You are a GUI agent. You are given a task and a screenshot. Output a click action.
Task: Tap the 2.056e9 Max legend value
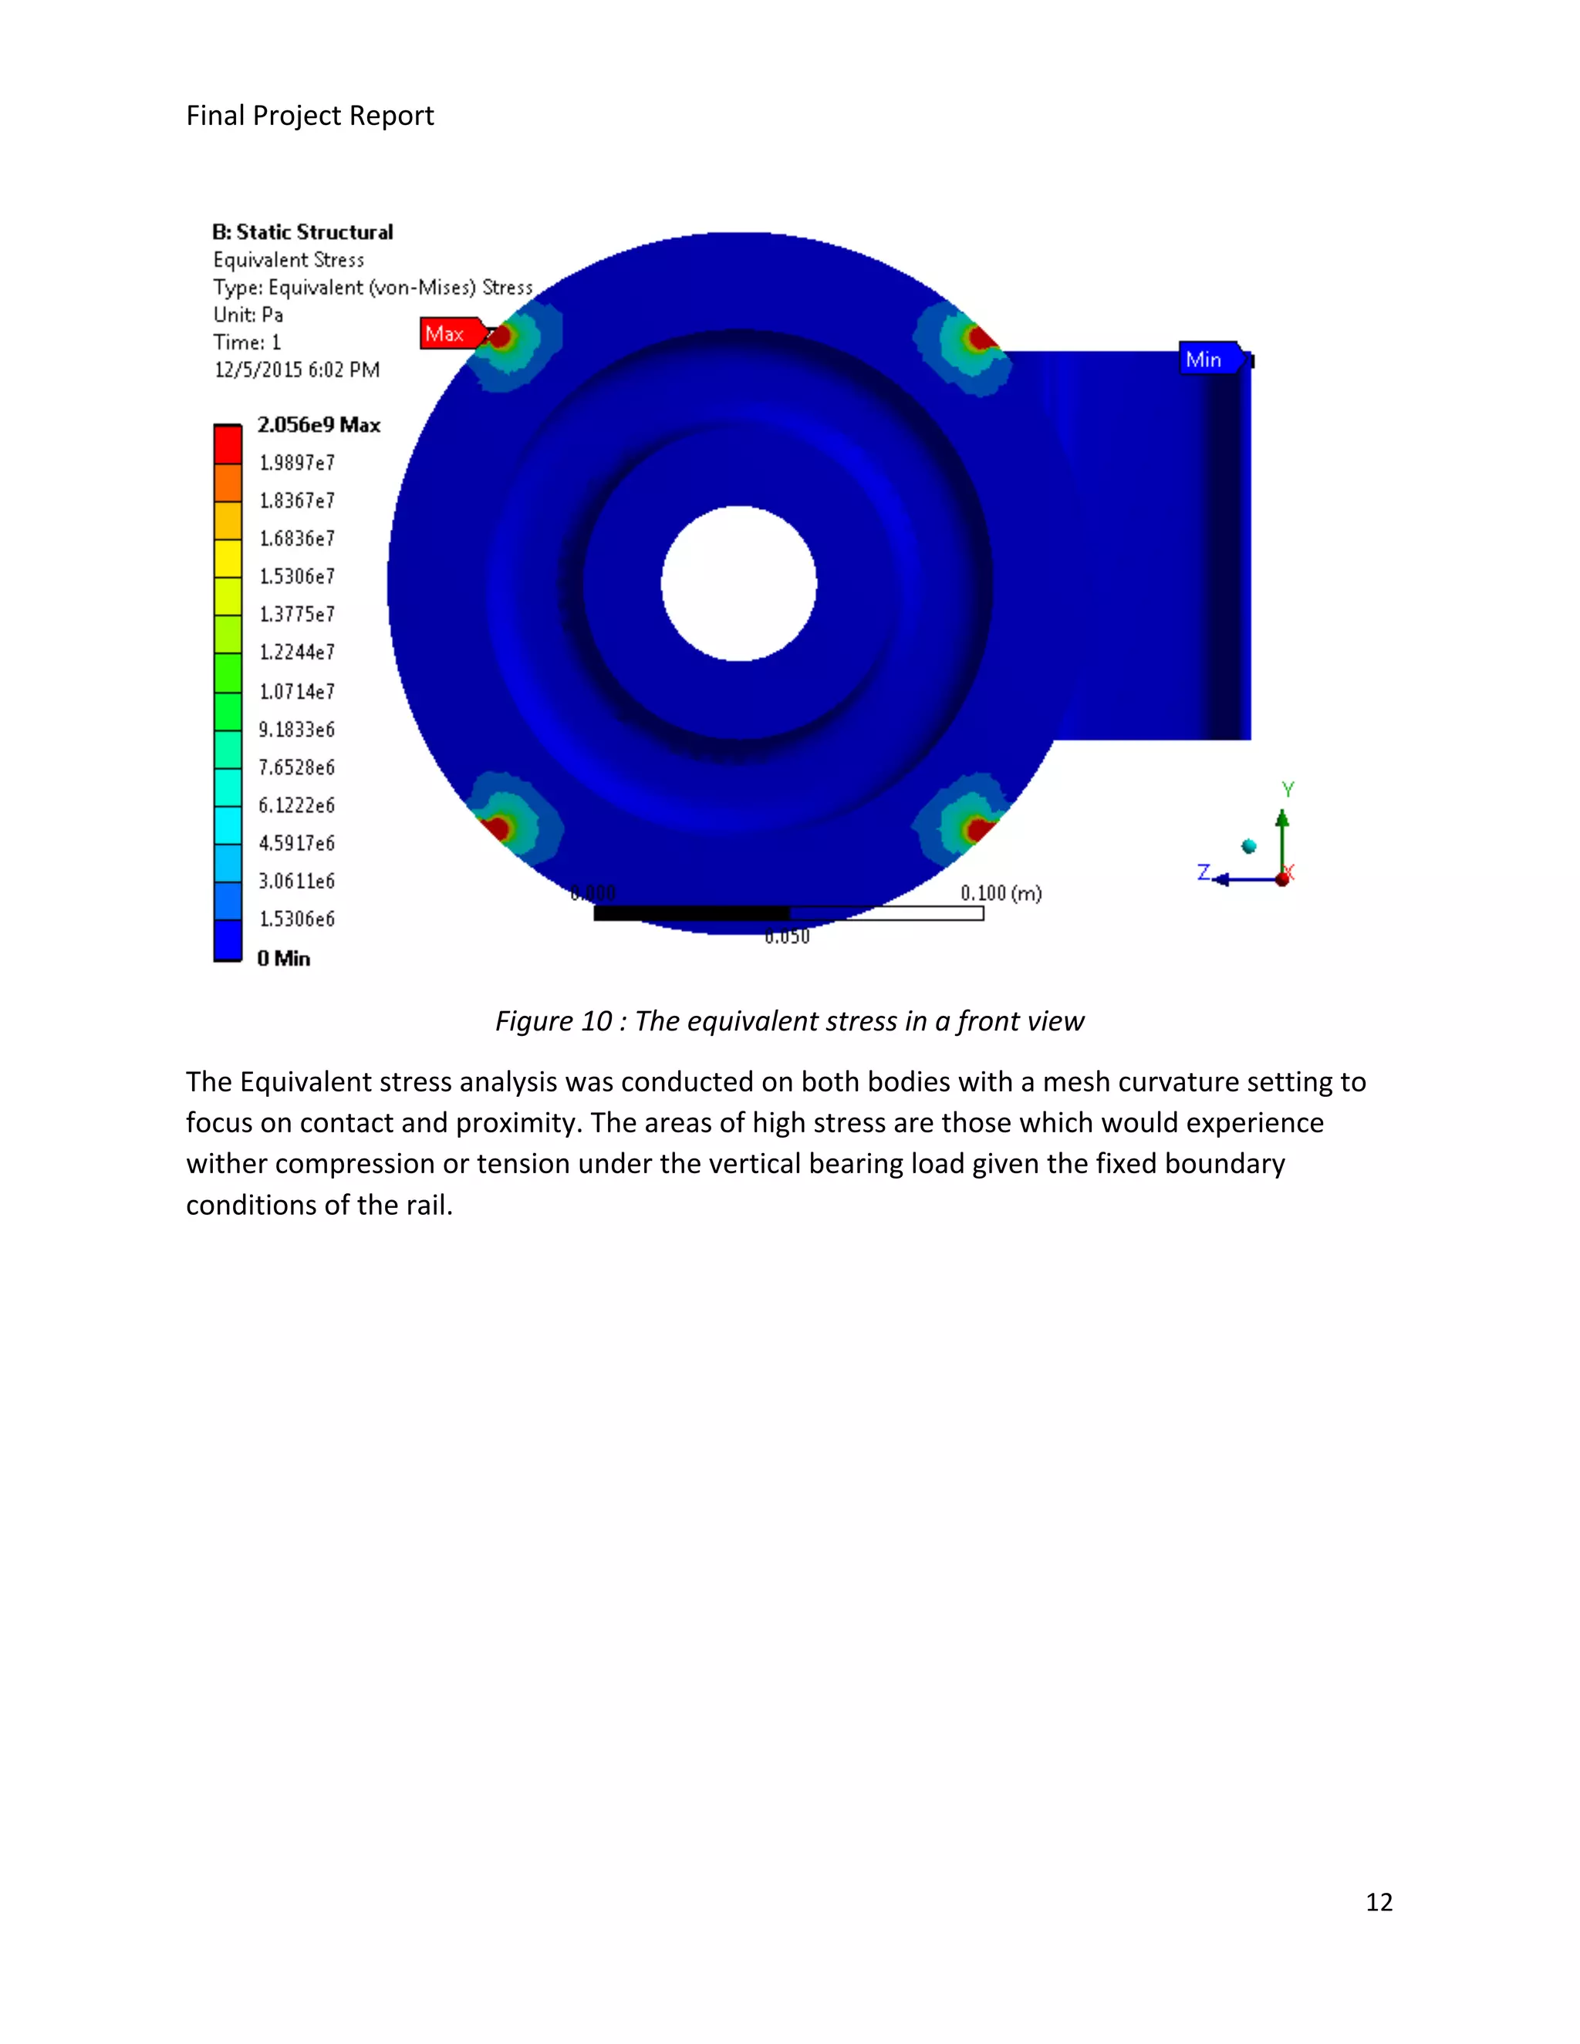(x=319, y=425)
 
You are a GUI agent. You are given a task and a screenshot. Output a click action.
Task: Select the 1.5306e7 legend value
(x=297, y=576)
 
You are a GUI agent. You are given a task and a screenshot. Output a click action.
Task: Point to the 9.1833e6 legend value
(x=297, y=729)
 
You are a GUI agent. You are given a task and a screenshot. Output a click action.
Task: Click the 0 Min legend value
(x=284, y=958)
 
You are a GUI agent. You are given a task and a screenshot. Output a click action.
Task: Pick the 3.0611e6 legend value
(x=297, y=881)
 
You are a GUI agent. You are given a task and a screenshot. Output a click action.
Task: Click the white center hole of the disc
(x=738, y=583)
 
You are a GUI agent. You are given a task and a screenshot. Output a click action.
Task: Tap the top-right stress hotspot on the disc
(x=974, y=341)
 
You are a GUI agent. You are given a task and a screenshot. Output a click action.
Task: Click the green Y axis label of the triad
(x=1288, y=790)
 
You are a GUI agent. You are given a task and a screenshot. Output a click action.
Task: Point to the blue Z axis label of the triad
(x=1204, y=872)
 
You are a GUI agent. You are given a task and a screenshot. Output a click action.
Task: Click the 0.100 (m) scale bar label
(x=1001, y=893)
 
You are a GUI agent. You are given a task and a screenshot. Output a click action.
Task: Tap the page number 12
(x=1379, y=1902)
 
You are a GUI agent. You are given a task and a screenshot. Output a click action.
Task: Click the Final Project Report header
(x=310, y=115)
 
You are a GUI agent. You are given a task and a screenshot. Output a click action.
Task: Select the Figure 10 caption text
(x=789, y=1021)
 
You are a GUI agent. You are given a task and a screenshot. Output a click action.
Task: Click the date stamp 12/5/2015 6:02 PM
(x=297, y=369)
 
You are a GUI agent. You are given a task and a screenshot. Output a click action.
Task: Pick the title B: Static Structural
(x=302, y=232)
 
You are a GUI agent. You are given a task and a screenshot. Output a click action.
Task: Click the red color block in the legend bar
(x=228, y=444)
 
